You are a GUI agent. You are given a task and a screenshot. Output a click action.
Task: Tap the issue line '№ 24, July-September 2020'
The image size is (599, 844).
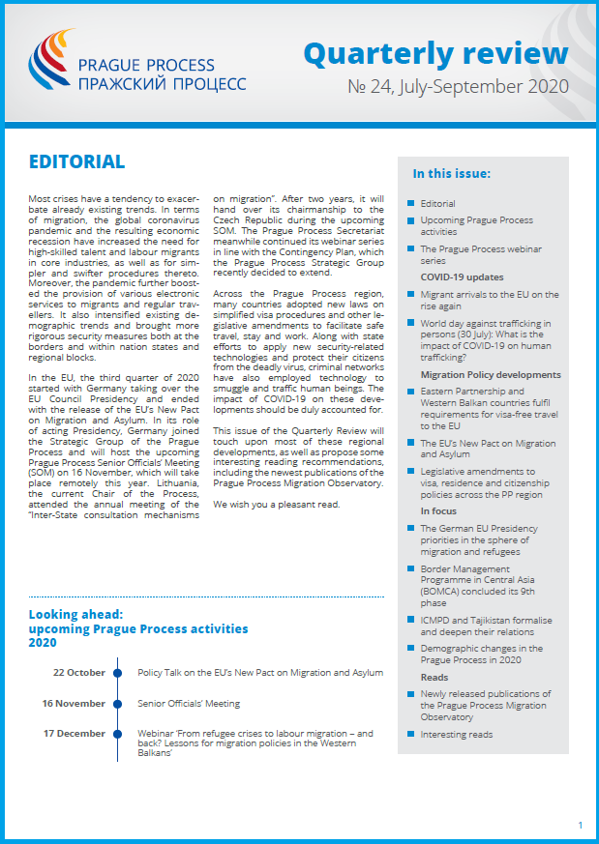tap(458, 87)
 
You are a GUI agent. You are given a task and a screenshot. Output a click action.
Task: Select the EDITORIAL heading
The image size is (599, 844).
tap(76, 161)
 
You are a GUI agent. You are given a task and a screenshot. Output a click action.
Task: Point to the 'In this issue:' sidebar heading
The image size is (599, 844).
tap(452, 174)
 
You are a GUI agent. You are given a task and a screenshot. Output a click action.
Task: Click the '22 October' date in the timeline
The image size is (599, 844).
tap(79, 672)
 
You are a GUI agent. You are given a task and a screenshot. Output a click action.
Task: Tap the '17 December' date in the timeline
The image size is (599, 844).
tap(75, 734)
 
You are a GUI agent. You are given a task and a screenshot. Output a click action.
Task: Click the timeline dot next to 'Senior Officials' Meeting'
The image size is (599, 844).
tap(118, 703)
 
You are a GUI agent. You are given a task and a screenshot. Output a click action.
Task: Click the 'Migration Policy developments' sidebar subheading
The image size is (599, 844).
tap(491, 374)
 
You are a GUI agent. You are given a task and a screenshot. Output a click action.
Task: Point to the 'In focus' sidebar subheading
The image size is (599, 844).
tap(439, 510)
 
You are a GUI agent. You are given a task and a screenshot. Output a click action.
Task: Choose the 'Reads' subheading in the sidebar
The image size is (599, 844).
tap(434, 677)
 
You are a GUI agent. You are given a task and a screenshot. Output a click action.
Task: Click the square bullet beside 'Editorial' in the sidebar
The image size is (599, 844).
tap(410, 204)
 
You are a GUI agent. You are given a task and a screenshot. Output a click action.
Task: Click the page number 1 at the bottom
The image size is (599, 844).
tap(580, 825)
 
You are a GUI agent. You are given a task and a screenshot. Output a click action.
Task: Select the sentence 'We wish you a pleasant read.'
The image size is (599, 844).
tap(276, 505)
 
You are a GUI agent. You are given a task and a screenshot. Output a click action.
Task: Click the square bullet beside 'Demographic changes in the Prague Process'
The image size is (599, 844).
tap(410, 649)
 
